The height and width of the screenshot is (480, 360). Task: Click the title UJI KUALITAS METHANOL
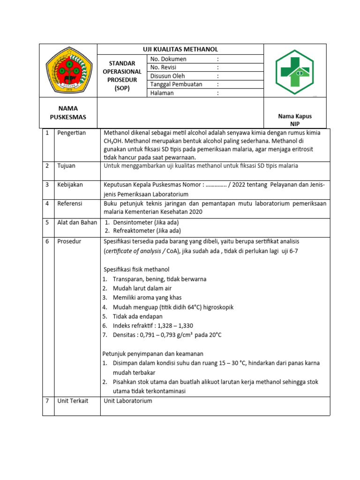click(x=180, y=49)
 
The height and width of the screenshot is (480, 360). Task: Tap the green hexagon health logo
click(x=295, y=72)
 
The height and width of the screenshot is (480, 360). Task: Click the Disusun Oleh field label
click(x=167, y=76)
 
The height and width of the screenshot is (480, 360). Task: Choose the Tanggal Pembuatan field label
click(x=176, y=84)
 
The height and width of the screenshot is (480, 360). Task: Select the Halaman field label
click(x=162, y=93)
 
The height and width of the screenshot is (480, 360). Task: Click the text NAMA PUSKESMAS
click(x=68, y=112)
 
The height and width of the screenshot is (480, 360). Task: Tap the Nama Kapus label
click(x=294, y=116)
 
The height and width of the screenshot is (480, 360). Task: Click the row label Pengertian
click(x=71, y=133)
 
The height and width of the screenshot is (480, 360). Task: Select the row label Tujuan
click(x=66, y=166)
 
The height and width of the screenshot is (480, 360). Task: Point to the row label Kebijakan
click(x=70, y=185)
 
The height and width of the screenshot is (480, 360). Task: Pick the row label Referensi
click(x=70, y=203)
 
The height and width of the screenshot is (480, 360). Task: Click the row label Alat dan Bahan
click(x=77, y=222)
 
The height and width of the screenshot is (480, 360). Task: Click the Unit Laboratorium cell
click(x=128, y=401)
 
